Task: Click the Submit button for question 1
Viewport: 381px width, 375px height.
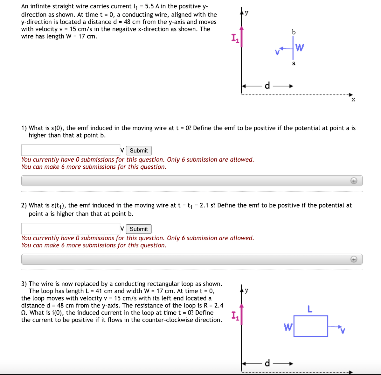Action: [139, 151]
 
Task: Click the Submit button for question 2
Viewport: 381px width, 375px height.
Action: [139, 229]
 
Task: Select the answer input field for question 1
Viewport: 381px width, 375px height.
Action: [71, 150]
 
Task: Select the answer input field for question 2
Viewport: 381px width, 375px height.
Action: [71, 229]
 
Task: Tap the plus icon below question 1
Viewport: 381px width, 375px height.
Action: [354, 181]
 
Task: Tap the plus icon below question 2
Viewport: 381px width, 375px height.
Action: [354, 259]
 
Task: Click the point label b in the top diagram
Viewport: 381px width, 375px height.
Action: [294, 32]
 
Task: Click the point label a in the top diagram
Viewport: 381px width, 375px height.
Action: [294, 63]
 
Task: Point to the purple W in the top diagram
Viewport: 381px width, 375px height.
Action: [300, 48]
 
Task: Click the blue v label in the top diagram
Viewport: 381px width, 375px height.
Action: [277, 52]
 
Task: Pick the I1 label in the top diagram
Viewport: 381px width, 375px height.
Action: [235, 38]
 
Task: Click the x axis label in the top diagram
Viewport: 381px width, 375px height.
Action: [353, 100]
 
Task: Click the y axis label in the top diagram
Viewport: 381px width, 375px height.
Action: [246, 13]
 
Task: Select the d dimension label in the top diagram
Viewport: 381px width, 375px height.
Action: [267, 86]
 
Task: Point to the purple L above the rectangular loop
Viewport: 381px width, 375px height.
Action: [310, 309]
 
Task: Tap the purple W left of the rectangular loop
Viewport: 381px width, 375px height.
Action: [287, 327]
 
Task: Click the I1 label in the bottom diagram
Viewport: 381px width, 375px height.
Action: [235, 315]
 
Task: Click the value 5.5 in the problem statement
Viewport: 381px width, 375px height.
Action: [149, 6]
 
